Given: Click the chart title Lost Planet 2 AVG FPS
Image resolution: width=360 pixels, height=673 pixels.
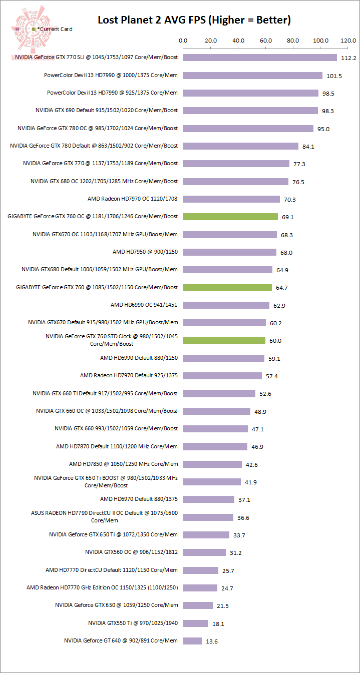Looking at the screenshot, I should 194,20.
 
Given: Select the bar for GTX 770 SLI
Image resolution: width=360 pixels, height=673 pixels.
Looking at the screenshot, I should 260,58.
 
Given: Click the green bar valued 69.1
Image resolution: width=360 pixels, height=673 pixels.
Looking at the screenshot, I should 230,217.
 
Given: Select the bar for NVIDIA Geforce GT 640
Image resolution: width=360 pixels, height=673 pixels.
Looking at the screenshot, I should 192,641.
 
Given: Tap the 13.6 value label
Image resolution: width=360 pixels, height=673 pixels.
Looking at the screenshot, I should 212,641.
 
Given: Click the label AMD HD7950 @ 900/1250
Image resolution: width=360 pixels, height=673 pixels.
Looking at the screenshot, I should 145,252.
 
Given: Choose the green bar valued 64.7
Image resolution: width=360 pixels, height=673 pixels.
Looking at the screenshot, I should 227,288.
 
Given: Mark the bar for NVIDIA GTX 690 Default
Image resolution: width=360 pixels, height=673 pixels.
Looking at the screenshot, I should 250,111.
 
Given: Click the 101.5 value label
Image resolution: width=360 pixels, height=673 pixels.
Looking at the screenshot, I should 333,76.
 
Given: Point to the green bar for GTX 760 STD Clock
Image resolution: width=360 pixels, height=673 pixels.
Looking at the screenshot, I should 224,341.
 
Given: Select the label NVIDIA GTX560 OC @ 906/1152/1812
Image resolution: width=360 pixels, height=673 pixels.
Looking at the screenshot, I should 131,552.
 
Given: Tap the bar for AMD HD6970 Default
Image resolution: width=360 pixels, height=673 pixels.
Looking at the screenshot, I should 209,499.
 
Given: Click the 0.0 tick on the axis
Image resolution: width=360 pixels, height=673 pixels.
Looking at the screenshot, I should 183,41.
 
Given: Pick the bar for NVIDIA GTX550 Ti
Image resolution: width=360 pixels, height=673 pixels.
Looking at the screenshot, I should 195,623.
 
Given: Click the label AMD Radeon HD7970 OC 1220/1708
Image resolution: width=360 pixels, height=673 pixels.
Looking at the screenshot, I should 133,199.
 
